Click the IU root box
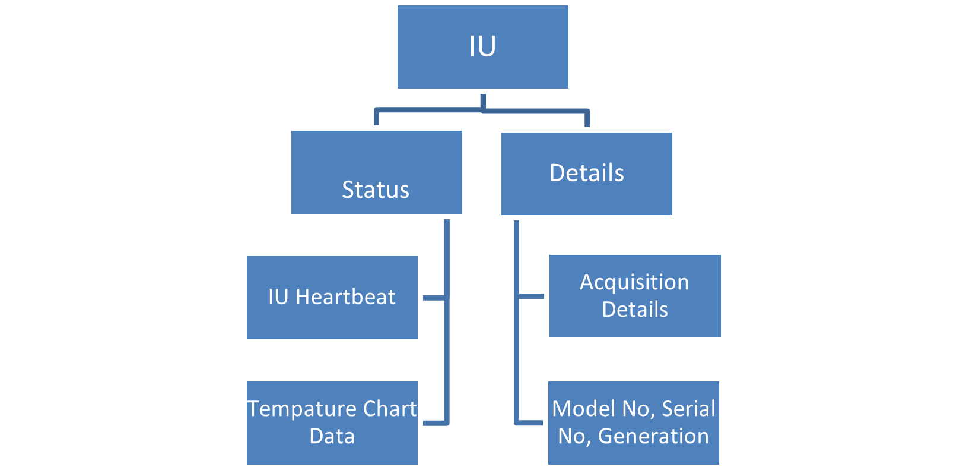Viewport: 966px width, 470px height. (482, 48)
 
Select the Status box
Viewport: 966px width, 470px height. (376, 172)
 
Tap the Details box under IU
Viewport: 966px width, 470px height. (586, 174)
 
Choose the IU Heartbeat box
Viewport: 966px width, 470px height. (332, 297)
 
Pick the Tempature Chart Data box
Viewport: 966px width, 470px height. (332, 422)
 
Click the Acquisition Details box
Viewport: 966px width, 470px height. (634, 296)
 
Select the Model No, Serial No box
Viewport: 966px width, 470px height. (633, 422)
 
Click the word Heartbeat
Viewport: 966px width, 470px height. (345, 297)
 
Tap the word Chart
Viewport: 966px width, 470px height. (390, 409)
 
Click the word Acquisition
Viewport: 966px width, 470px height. (634, 282)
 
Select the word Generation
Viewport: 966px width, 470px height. (653, 436)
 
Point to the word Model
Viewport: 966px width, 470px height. (584, 409)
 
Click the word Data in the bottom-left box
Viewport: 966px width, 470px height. (332, 436)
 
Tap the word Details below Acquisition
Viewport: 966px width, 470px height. (635, 310)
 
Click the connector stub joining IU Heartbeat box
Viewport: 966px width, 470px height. (434, 297)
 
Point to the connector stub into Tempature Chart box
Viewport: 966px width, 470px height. (434, 422)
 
